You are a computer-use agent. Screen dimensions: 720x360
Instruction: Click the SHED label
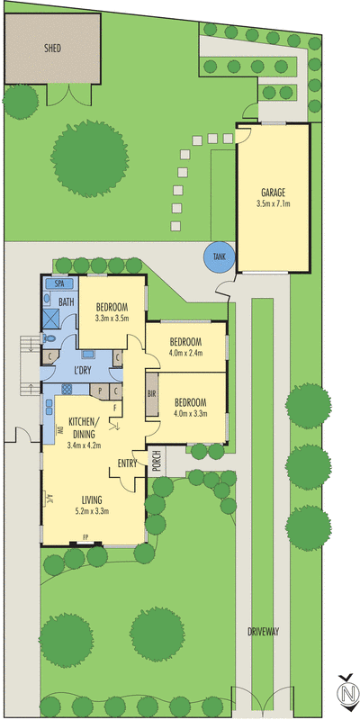tap(52, 48)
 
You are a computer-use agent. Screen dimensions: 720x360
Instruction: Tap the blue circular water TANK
tap(220, 256)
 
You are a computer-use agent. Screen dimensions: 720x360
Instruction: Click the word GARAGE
tap(273, 193)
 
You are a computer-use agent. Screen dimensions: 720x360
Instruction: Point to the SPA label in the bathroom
tap(58, 283)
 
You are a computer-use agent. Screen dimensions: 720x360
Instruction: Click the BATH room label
tap(67, 302)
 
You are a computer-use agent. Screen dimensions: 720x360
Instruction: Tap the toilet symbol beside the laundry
tap(49, 338)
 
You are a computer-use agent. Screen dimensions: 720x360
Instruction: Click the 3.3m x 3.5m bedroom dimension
tap(112, 318)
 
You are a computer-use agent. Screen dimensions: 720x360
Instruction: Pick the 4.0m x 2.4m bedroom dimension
tap(185, 353)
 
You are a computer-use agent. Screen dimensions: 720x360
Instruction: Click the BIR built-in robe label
tap(153, 394)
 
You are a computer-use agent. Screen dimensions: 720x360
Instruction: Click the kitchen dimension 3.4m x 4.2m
tap(88, 444)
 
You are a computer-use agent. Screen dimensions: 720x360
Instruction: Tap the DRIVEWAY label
tap(265, 631)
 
